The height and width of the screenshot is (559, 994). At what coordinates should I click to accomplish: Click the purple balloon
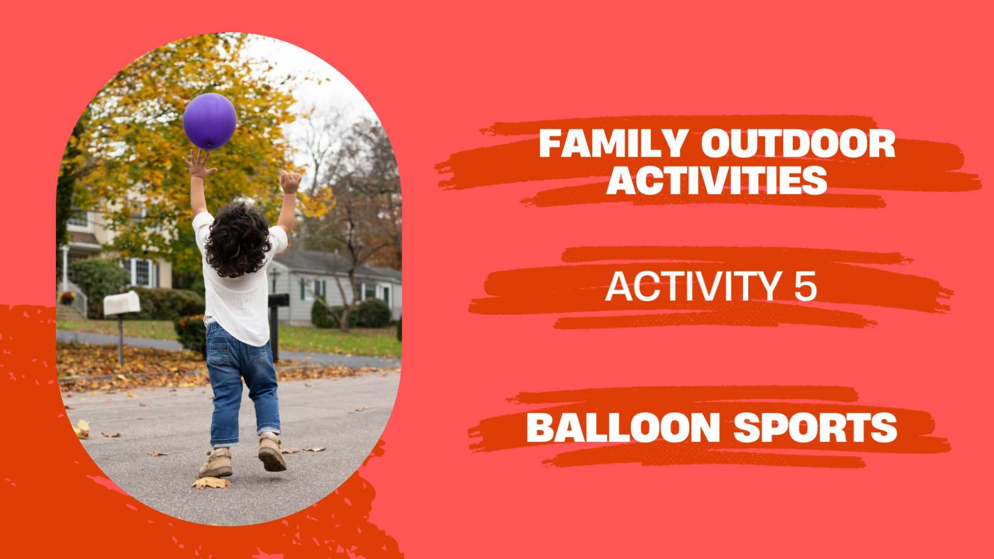210,121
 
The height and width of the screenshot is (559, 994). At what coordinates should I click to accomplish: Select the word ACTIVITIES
717,179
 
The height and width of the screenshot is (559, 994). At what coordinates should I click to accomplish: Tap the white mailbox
122,304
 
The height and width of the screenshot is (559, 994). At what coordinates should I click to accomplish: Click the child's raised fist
291,182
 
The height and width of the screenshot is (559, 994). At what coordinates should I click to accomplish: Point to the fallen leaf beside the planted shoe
211,483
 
